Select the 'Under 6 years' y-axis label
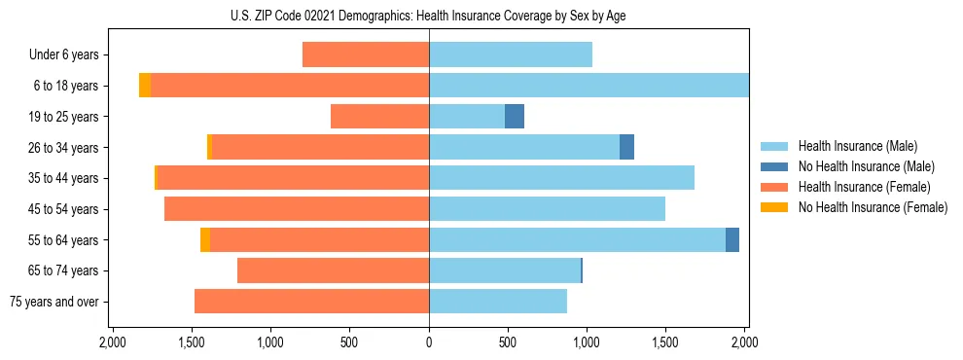[x=63, y=55]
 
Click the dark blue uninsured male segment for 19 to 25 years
[x=515, y=117]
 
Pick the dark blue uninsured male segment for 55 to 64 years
[x=732, y=240]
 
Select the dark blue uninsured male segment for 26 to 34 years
[x=626, y=147]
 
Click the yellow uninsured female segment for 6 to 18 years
[x=145, y=86]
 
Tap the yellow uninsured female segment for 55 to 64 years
[x=205, y=240]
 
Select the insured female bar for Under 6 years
[x=366, y=55]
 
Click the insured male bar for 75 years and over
[x=498, y=302]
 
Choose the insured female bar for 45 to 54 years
[x=297, y=209]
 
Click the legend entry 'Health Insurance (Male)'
[x=857, y=146]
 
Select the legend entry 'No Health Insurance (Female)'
[x=873, y=207]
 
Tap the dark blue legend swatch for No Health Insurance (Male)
[x=774, y=166]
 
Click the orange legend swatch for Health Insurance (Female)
[x=774, y=187]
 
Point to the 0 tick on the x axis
[x=429, y=342]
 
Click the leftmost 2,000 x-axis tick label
[x=113, y=342]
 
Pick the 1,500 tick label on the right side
[x=665, y=342]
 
